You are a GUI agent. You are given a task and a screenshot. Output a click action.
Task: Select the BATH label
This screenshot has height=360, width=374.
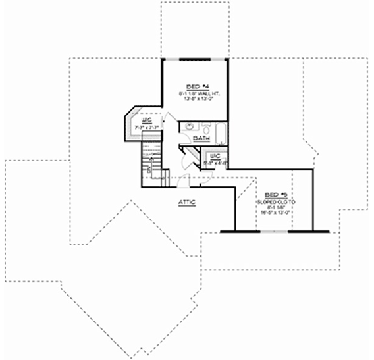point(201,139)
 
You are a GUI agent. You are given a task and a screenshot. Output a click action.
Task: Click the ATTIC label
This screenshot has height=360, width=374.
point(187,202)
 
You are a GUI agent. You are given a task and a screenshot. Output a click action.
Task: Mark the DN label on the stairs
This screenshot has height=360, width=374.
point(149,170)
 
